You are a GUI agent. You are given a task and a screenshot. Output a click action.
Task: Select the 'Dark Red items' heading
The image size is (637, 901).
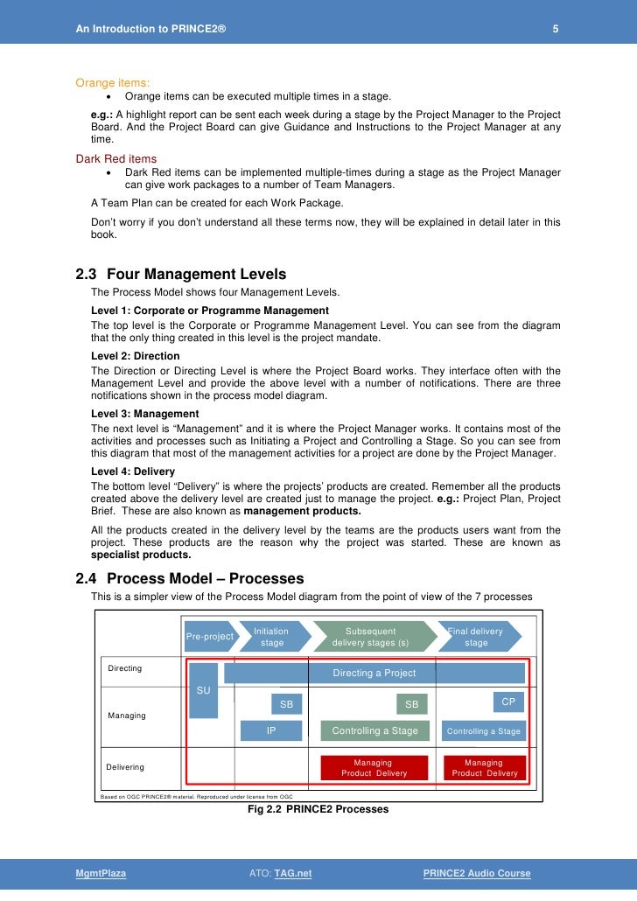click(116, 158)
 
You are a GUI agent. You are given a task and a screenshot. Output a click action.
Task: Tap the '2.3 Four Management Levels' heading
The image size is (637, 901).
click(181, 275)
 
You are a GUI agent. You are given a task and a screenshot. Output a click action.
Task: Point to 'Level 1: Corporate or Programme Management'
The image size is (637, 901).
click(210, 311)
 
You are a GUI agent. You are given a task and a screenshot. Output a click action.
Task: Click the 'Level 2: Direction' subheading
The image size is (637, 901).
click(135, 356)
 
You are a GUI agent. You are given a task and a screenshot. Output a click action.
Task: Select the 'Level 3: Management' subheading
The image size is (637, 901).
click(144, 414)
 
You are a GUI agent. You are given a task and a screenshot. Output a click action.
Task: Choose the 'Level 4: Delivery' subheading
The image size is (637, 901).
click(133, 471)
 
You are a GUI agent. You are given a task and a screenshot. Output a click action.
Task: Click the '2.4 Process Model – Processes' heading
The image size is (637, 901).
click(190, 578)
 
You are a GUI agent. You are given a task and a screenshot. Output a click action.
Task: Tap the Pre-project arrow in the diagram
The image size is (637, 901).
click(209, 636)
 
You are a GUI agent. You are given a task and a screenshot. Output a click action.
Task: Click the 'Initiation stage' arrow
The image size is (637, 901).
click(272, 636)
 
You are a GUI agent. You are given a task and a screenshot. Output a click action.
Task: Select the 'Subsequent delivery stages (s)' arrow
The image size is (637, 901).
click(370, 636)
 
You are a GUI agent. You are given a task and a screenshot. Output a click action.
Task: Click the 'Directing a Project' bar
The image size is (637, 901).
click(374, 673)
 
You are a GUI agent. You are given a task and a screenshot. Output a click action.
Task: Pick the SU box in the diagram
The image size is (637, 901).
click(203, 690)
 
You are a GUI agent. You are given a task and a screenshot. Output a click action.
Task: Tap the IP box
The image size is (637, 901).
click(271, 730)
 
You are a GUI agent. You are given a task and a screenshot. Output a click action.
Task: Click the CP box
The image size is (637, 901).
click(508, 702)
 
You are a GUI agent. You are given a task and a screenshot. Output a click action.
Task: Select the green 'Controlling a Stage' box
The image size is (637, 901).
click(375, 730)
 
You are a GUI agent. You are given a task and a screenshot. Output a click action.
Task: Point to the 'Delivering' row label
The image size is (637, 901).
click(125, 767)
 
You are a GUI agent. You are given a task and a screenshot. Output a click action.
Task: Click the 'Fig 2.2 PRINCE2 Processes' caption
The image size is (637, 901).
click(318, 809)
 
